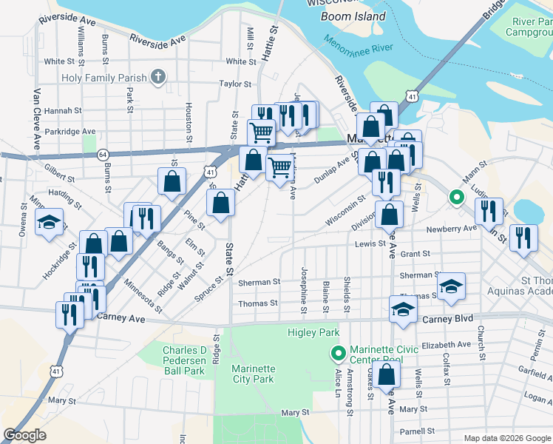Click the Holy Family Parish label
point(102,77)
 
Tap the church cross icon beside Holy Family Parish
point(157,76)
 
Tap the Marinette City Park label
point(252,374)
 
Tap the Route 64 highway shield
point(101,154)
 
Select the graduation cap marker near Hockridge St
point(49,223)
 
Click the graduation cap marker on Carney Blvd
point(403,311)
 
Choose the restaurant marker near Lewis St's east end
point(523,238)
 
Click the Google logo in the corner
point(25,435)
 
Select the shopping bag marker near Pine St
point(172,182)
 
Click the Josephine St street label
point(304,284)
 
